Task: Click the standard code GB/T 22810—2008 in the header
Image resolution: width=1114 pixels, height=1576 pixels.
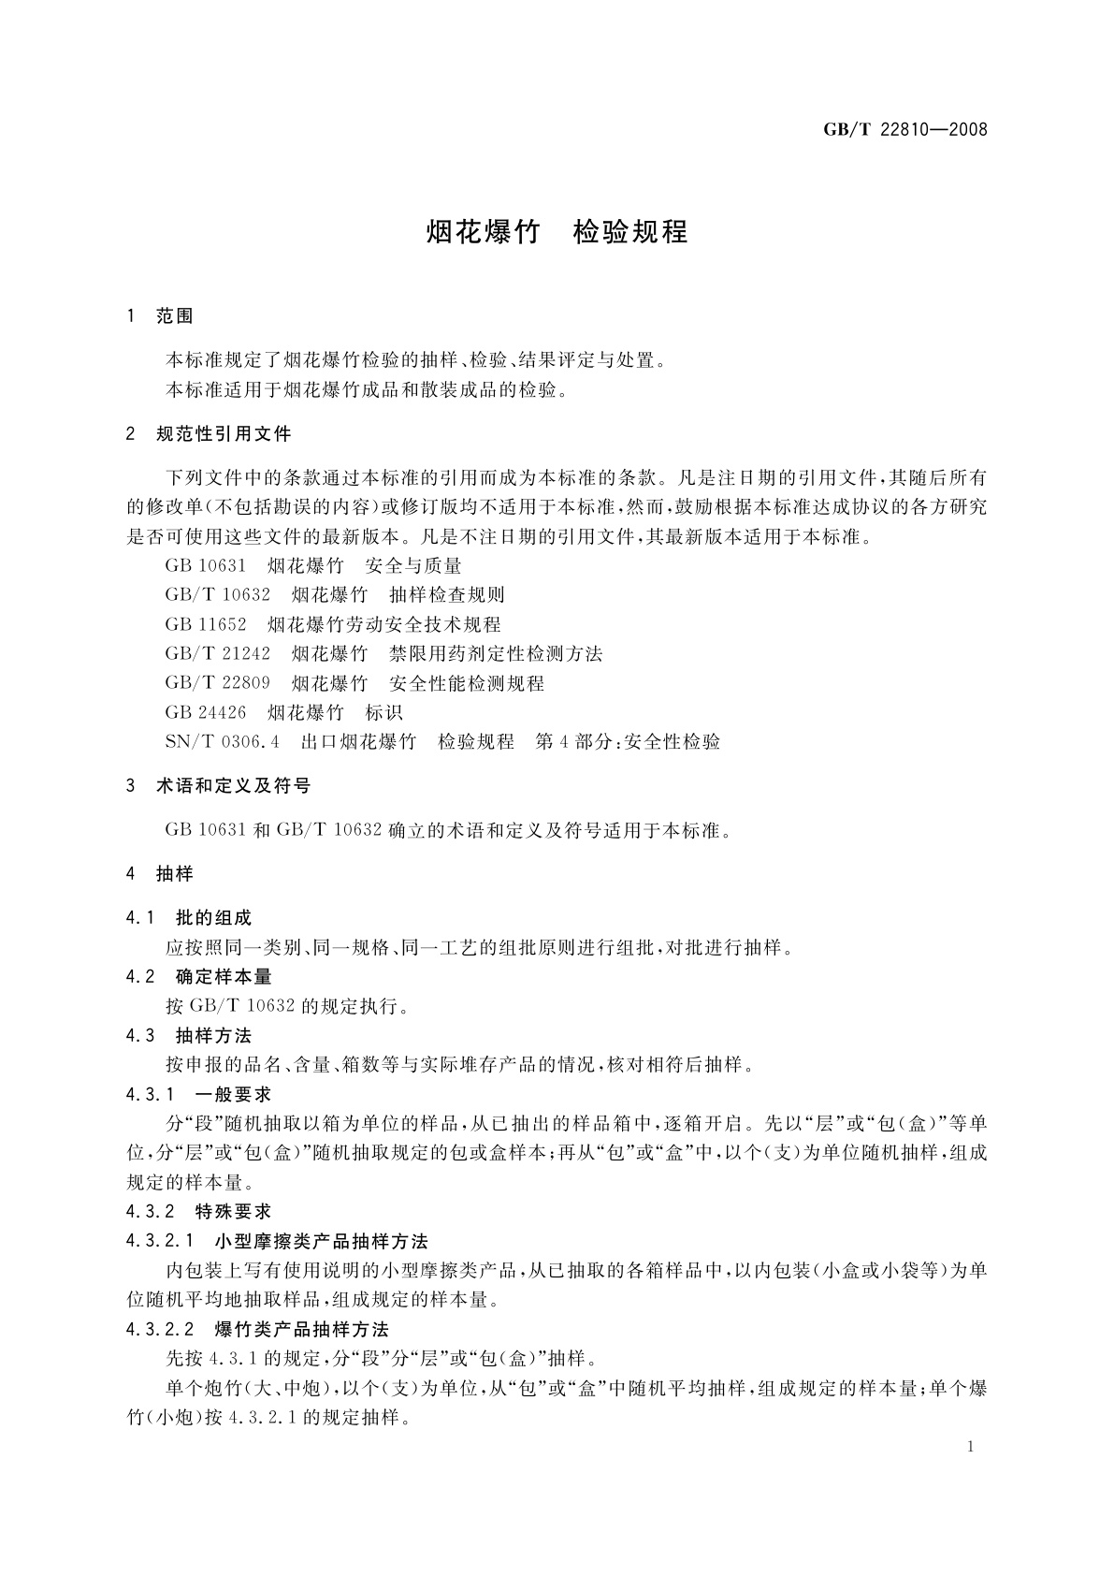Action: pyautogui.click(x=904, y=130)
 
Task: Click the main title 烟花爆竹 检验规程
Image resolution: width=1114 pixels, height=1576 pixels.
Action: pyautogui.click(x=557, y=232)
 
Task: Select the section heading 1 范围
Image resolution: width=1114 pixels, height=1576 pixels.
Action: pyautogui.click(x=160, y=317)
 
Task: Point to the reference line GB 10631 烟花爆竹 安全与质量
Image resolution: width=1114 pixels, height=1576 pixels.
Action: pyautogui.click(x=312, y=565)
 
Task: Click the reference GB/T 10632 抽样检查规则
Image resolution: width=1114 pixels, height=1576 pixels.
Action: pyautogui.click(x=335, y=594)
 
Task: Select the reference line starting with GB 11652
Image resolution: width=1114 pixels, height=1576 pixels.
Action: pyautogui.click(x=332, y=624)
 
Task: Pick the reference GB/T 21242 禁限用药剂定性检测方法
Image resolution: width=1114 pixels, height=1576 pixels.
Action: pyautogui.click(x=383, y=653)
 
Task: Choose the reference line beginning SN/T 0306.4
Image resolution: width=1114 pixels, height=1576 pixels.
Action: pyautogui.click(x=441, y=742)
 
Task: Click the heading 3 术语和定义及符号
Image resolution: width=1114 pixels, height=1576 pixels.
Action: pyautogui.click(x=219, y=786)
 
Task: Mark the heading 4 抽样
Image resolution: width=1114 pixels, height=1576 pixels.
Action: pyautogui.click(x=160, y=874)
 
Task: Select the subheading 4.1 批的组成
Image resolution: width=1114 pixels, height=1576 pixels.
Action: pyautogui.click(x=189, y=918)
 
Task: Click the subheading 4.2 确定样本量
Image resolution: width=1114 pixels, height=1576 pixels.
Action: pyautogui.click(x=198, y=977)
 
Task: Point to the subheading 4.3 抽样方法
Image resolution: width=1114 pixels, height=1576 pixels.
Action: pyautogui.click(x=189, y=1036)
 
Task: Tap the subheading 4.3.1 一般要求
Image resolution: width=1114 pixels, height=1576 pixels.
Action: pyautogui.click(x=198, y=1094)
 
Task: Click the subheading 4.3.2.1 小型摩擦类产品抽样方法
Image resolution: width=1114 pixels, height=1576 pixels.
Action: pyautogui.click(x=277, y=1242)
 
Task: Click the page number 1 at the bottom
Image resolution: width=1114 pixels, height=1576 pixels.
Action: pyautogui.click(x=971, y=1447)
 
